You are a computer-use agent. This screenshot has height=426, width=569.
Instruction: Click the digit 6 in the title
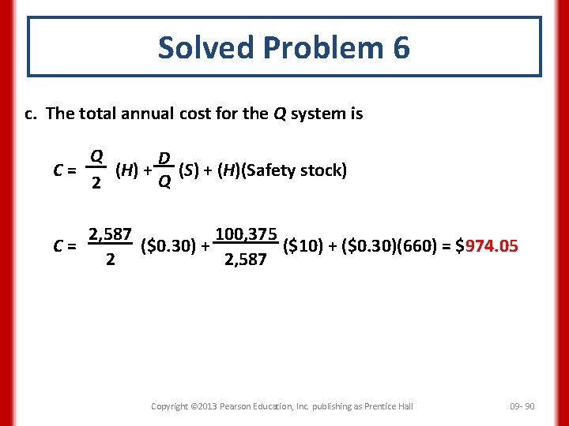(400, 48)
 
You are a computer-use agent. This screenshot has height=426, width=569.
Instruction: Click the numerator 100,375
(247, 234)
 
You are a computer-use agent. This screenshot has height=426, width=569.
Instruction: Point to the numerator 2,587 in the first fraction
(110, 234)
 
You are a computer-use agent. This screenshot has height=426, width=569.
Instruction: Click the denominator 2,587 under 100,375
(246, 260)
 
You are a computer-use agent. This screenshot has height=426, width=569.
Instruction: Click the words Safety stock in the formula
(296, 170)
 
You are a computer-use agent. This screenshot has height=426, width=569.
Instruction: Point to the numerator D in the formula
(164, 159)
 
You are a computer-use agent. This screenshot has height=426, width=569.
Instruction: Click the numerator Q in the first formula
(96, 156)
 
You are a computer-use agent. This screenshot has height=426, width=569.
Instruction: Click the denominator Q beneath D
(164, 184)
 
